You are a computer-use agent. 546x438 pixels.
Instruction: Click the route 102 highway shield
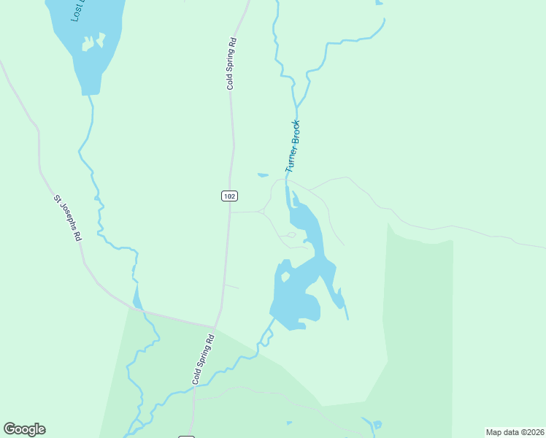click(x=229, y=196)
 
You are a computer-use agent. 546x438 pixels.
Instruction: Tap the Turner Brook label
click(x=293, y=146)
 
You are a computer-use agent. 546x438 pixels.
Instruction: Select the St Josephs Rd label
click(x=66, y=218)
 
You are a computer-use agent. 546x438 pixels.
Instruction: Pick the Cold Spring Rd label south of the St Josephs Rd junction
click(x=204, y=359)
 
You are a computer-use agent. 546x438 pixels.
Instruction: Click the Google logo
click(x=24, y=429)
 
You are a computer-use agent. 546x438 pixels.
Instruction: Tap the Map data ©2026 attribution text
click(x=515, y=431)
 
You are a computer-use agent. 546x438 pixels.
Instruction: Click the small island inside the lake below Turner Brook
click(x=286, y=277)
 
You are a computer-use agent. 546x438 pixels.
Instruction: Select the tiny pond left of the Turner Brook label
click(x=263, y=174)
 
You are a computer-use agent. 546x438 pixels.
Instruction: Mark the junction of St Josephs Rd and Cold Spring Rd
click(x=215, y=327)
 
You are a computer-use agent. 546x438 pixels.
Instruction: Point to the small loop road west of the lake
click(x=290, y=235)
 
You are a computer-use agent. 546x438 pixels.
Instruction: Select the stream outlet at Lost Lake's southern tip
click(x=91, y=95)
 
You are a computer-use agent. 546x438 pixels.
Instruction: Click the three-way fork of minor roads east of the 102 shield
click(x=263, y=212)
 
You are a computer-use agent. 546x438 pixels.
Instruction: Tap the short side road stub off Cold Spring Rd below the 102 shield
click(x=231, y=286)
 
